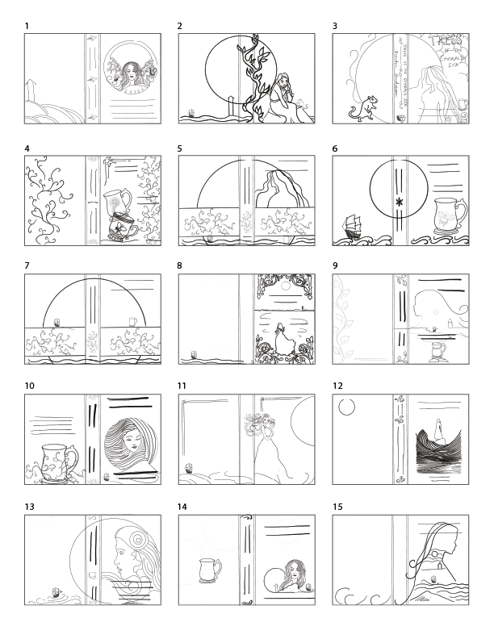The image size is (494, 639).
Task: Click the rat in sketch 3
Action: tap(366, 106)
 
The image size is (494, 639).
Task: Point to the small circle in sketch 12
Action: tap(348, 407)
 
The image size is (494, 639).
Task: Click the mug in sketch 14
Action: tap(209, 571)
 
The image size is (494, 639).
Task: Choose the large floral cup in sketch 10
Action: tap(52, 462)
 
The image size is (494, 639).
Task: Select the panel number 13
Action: tap(30, 507)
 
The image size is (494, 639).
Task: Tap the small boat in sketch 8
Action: tap(194, 353)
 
